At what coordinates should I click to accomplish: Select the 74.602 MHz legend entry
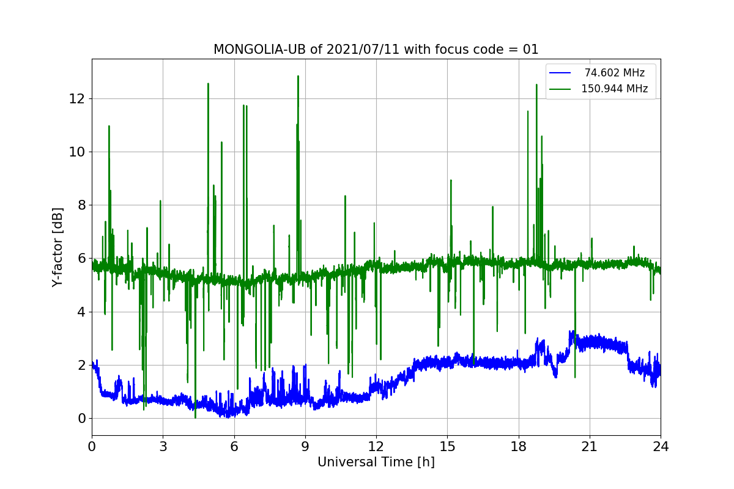(614, 73)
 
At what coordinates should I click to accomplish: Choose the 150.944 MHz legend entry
(614, 89)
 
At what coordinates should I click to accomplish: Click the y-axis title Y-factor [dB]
(57, 247)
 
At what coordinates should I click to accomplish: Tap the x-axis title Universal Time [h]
(376, 462)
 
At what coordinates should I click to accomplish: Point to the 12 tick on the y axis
(78, 98)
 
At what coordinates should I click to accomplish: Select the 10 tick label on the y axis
(78, 152)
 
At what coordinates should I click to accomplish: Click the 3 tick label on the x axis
(163, 446)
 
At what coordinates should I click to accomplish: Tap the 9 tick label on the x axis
(305, 446)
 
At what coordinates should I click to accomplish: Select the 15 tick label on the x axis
(447, 446)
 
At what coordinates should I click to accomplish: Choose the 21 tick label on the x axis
(590, 446)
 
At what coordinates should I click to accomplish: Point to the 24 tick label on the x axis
(661, 446)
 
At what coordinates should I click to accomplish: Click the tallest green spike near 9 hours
(298, 77)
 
